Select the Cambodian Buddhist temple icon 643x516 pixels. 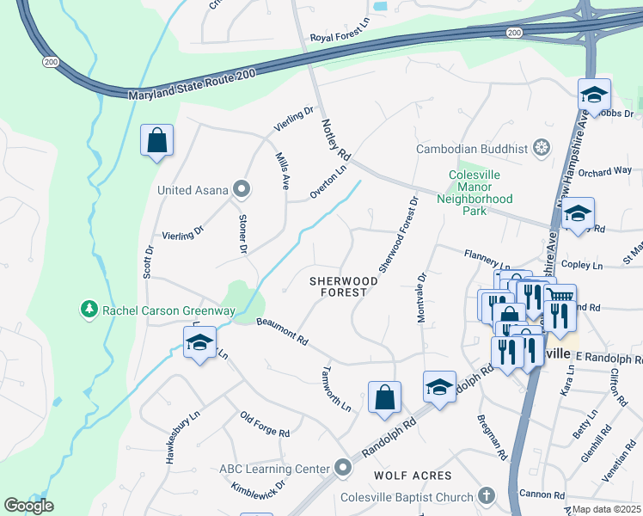click(x=542, y=149)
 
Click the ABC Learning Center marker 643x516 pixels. click(x=343, y=468)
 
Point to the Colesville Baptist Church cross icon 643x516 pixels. click(x=487, y=496)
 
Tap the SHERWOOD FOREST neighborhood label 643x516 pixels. click(x=344, y=286)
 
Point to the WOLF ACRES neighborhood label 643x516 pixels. click(x=413, y=476)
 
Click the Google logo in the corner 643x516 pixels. click(x=28, y=506)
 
